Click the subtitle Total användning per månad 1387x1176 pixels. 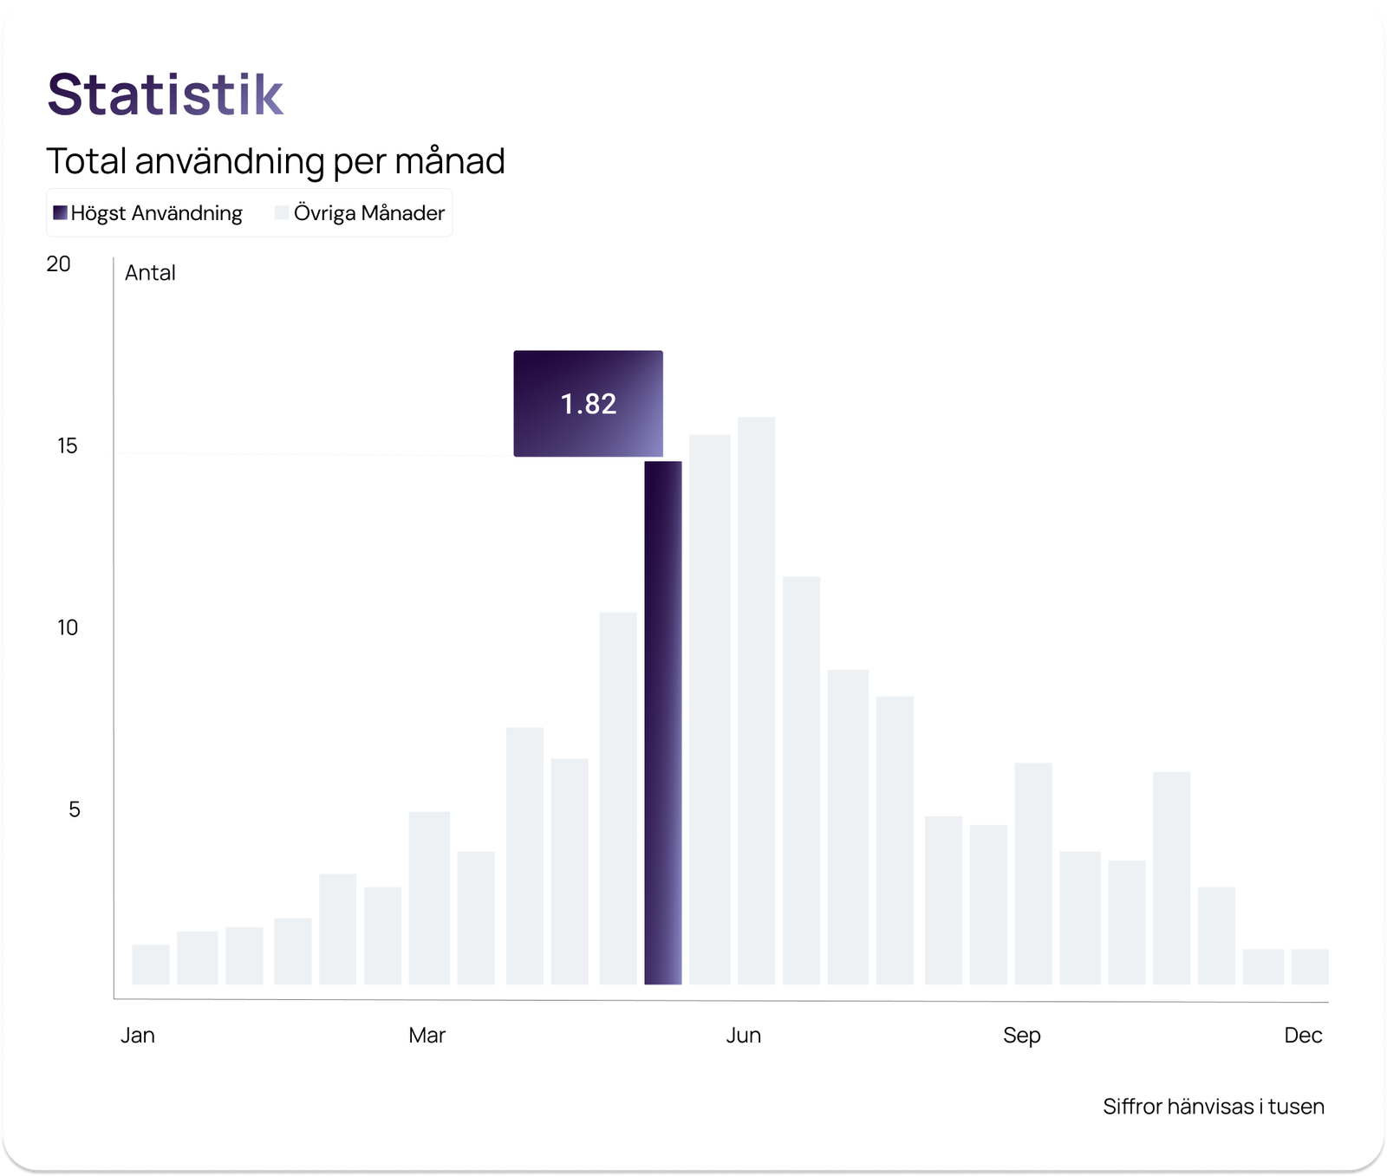click(x=275, y=161)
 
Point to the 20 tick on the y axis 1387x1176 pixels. click(x=58, y=264)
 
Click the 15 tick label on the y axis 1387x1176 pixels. click(x=67, y=446)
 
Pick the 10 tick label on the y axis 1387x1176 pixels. click(x=67, y=628)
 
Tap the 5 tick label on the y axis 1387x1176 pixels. click(x=74, y=810)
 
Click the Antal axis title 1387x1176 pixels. click(x=150, y=273)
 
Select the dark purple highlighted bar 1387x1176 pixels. click(x=663, y=723)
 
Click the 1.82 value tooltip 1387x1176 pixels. click(x=588, y=404)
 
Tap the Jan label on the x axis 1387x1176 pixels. click(x=138, y=1036)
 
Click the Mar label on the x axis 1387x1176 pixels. click(x=427, y=1036)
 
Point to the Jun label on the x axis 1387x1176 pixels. click(x=743, y=1036)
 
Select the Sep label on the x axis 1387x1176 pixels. click(x=1021, y=1036)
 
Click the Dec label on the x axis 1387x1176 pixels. click(x=1303, y=1036)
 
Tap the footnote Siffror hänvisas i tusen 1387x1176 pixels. click(x=1213, y=1107)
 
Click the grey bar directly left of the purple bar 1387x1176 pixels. click(x=618, y=797)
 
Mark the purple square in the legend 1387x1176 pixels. click(x=60, y=213)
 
